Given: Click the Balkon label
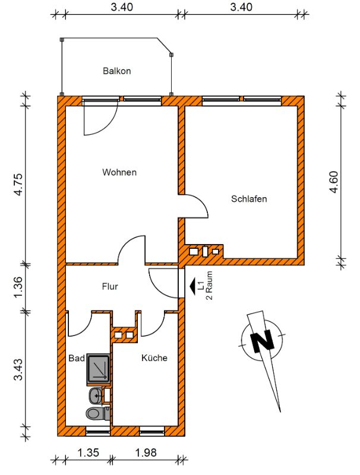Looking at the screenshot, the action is pyautogui.click(x=116, y=71).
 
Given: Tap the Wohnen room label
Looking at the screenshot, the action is pyautogui.click(x=119, y=172).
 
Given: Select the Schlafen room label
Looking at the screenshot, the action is pyautogui.click(x=249, y=199).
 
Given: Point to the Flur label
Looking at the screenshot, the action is pyautogui.click(x=110, y=286).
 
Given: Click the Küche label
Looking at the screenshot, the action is pyautogui.click(x=154, y=358).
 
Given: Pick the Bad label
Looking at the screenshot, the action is pyautogui.click(x=77, y=358).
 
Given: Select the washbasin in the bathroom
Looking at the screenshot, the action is pyautogui.click(x=96, y=395).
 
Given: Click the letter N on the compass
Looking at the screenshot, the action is pyautogui.click(x=261, y=341).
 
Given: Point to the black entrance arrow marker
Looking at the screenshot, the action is pyautogui.click(x=192, y=286).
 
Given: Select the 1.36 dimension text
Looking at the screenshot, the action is pyautogui.click(x=18, y=287).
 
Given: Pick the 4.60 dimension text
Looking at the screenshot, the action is pyautogui.click(x=334, y=182).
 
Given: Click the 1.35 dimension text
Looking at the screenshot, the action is pyautogui.click(x=88, y=452).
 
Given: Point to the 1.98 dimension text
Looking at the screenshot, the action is pyautogui.click(x=146, y=452).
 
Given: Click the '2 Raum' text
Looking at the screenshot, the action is pyautogui.click(x=209, y=285).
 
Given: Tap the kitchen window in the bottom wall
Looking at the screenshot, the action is pyautogui.click(x=152, y=431).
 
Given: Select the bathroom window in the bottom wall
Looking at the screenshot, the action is pyautogui.click(x=97, y=431).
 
